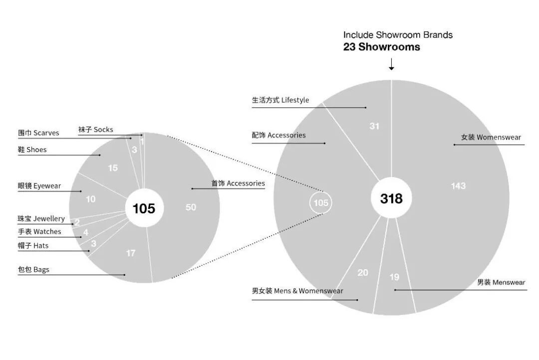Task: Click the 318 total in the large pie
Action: pyautogui.click(x=391, y=198)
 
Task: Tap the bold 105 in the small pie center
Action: pyautogui.click(x=144, y=208)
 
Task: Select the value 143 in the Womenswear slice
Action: pyautogui.click(x=458, y=186)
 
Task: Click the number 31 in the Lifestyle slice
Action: pyautogui.click(x=374, y=126)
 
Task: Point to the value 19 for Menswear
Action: pyautogui.click(x=394, y=277)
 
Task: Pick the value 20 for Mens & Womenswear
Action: pyautogui.click(x=363, y=273)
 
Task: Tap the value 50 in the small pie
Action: pyautogui.click(x=191, y=207)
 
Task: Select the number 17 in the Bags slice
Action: pyautogui.click(x=131, y=253)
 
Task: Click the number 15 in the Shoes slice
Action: pyautogui.click(x=113, y=168)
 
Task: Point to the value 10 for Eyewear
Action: pyautogui.click(x=90, y=199)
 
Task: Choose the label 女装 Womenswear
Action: pyautogui.click(x=491, y=137)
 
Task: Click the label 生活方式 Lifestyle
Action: pyautogui.click(x=280, y=100)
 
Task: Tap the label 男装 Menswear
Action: pyautogui.click(x=501, y=282)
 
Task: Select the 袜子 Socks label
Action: pyautogui.click(x=95, y=130)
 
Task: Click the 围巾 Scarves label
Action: pyautogui.click(x=38, y=133)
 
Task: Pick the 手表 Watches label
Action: pyautogui.click(x=39, y=232)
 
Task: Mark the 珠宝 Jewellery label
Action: pyautogui.click(x=41, y=219)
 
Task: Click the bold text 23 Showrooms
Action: pyautogui.click(x=381, y=47)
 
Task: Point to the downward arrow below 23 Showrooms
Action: pyautogui.click(x=391, y=64)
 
